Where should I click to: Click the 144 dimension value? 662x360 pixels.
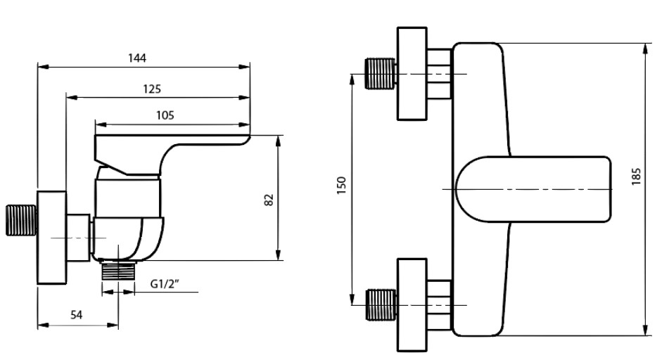(x=137, y=58)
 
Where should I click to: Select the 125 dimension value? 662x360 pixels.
(x=151, y=89)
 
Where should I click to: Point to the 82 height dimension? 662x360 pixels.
(x=268, y=199)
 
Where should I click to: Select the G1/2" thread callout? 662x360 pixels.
(x=166, y=284)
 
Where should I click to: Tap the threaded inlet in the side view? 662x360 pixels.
(x=20, y=220)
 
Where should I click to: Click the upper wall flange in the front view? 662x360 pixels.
(x=413, y=74)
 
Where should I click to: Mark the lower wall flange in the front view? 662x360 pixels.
(x=413, y=304)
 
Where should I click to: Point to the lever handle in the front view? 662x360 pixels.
(x=535, y=189)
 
